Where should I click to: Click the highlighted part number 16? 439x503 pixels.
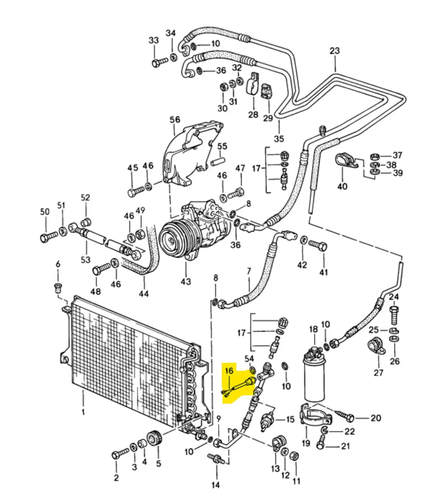coord(229,371)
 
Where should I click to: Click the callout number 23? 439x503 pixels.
coord(335,51)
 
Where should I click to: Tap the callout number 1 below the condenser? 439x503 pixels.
coord(83,412)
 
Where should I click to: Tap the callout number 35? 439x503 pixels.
coord(279,138)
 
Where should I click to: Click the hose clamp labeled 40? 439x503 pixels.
coord(345,162)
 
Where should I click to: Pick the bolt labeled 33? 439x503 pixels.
coord(159,63)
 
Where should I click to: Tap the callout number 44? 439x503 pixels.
coord(144,294)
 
